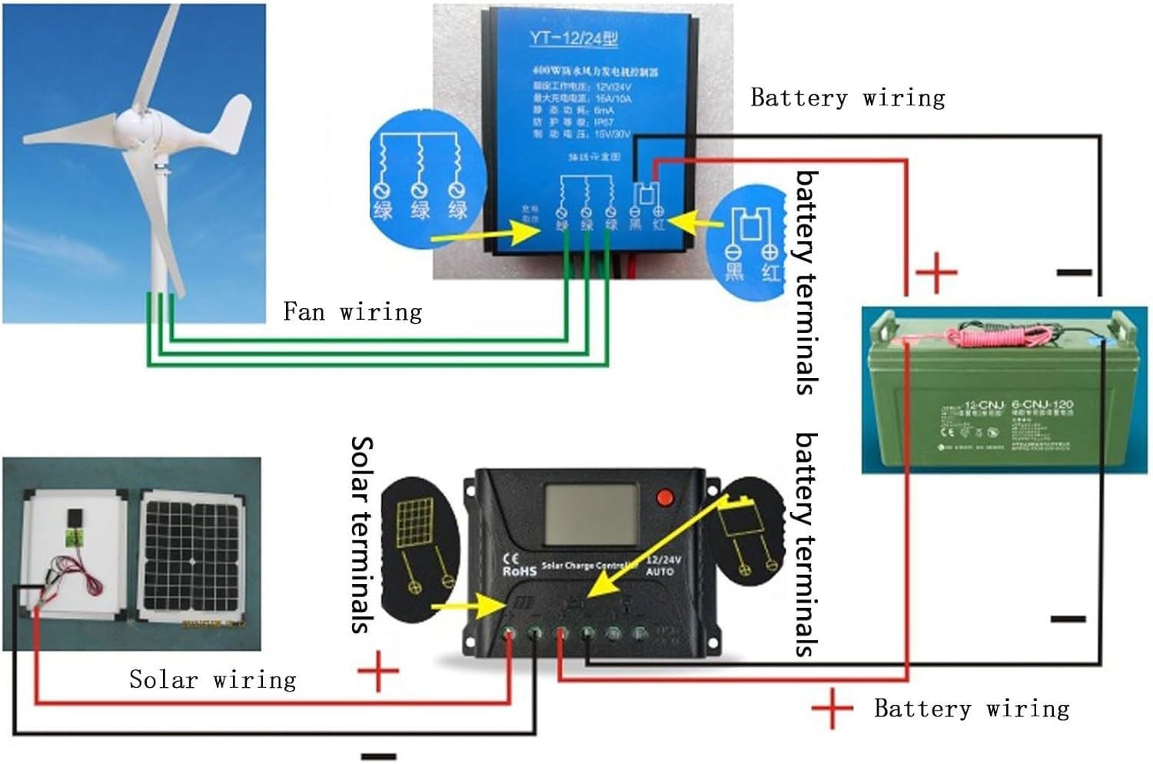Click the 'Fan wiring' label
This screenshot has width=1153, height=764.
tap(352, 311)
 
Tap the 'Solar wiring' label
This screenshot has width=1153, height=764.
tap(212, 679)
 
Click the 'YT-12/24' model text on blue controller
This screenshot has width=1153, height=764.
tap(573, 38)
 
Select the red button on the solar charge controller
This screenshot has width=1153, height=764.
tap(665, 497)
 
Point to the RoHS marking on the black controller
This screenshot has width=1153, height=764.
tap(519, 571)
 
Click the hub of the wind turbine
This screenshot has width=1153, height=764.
tap(137, 123)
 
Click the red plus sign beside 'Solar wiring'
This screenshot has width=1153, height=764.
tap(378, 671)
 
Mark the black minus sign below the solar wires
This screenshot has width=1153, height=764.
tap(378, 756)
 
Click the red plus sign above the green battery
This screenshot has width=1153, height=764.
tap(936, 272)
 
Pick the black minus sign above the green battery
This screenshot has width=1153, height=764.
tap(1074, 272)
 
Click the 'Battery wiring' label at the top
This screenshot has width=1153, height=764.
tap(847, 98)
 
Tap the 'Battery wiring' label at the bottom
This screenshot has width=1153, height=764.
tap(972, 708)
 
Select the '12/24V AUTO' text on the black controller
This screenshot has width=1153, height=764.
tap(660, 566)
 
